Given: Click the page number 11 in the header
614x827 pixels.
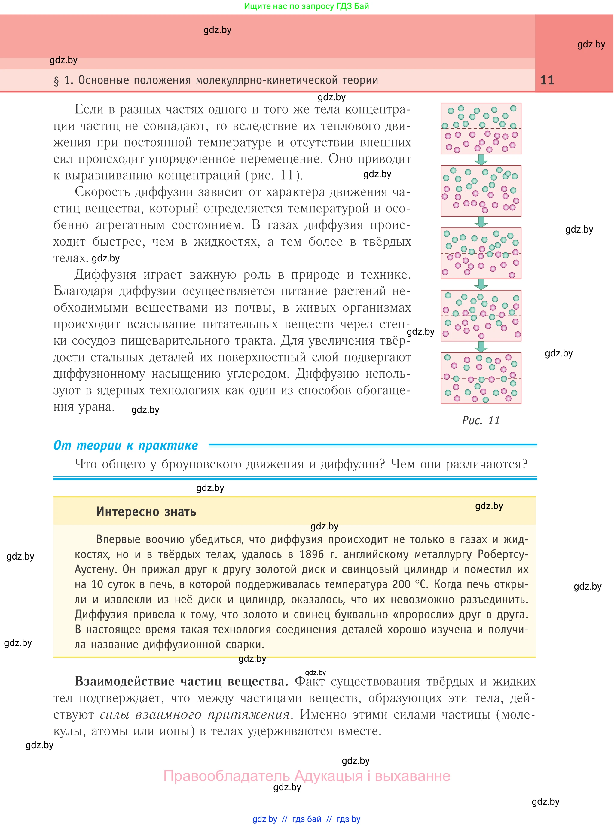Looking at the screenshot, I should click(x=547, y=80).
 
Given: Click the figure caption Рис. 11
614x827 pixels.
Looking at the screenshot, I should click(x=481, y=420).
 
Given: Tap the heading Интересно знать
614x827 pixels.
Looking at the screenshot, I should click(x=146, y=512).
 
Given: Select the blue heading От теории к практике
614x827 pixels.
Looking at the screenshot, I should click(x=126, y=445).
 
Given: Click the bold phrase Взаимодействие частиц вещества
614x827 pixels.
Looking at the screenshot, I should click(x=182, y=681).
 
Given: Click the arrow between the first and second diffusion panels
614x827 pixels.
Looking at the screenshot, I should click(x=481, y=160).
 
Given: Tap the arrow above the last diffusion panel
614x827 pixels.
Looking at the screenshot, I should click(x=481, y=347).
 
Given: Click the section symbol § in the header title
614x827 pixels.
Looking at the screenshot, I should click(x=57, y=81).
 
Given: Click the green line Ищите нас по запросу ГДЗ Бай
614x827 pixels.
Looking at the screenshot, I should click(x=306, y=6).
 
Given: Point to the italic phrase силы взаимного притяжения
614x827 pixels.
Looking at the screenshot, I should click(x=195, y=714).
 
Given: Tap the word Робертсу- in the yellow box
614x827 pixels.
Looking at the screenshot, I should click(x=503, y=554).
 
